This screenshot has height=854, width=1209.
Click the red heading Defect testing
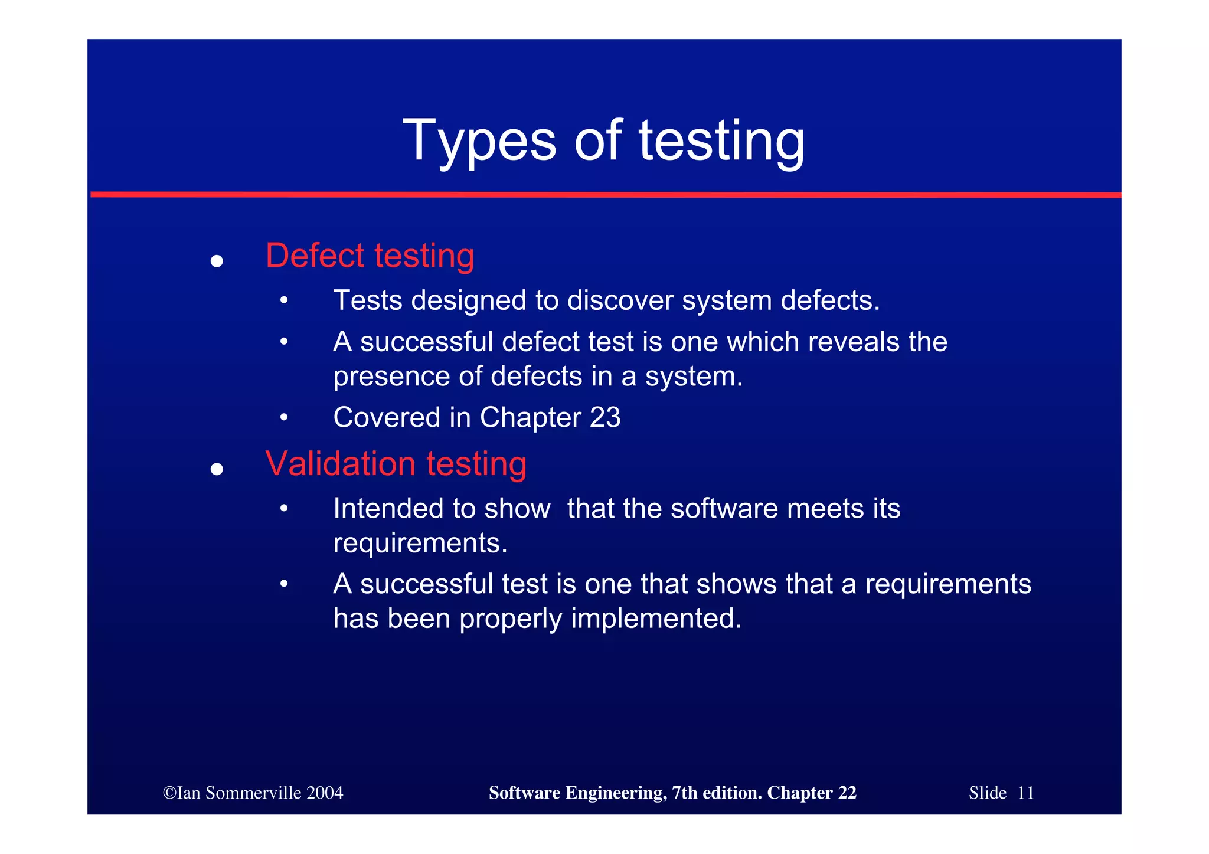pyautogui.click(x=370, y=256)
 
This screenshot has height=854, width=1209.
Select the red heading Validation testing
pyautogui.click(x=396, y=463)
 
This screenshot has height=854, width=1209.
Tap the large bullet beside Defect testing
pyautogui.click(x=217, y=261)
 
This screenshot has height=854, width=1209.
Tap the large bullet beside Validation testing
pyautogui.click(x=217, y=469)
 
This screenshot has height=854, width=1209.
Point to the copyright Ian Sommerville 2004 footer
pyautogui.click(x=253, y=793)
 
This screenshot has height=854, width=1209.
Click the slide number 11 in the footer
pyautogui.click(x=1025, y=793)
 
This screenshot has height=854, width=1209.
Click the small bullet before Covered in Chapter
pyautogui.click(x=284, y=418)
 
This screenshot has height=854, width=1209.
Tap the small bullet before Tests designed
pyautogui.click(x=284, y=301)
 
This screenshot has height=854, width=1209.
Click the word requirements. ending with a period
pyautogui.click(x=420, y=544)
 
